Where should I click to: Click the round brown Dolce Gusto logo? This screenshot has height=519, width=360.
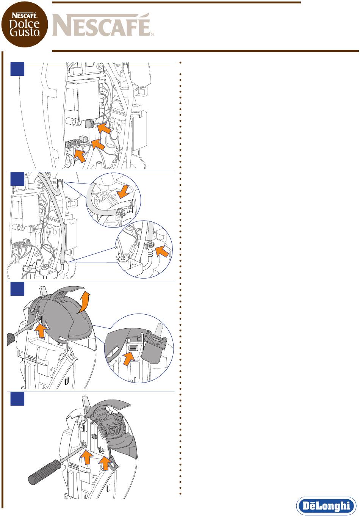coord(25,24)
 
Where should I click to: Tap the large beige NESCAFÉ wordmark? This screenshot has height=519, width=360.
coord(103,25)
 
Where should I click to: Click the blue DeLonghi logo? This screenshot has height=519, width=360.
coord(326,506)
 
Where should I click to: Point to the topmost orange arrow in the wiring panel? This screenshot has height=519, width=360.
coord(104,129)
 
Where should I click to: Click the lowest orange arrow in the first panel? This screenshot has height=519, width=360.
coord(80,156)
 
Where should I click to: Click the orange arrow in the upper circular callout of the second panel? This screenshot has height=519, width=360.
coord(123,191)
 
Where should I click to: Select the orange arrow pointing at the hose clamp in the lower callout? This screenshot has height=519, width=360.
coord(162,252)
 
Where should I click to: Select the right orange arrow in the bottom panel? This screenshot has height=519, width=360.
coord(105,463)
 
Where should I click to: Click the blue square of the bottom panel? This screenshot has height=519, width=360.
coord(17,399)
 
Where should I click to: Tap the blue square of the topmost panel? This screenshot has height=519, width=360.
coord(17,69)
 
